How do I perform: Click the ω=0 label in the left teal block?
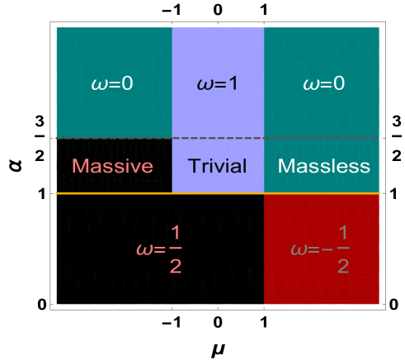click(x=112, y=84)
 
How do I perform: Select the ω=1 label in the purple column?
click(x=218, y=84)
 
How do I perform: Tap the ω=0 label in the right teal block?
click(x=322, y=84)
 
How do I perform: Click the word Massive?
click(x=112, y=166)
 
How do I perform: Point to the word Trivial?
click(x=218, y=166)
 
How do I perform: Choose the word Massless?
click(x=323, y=166)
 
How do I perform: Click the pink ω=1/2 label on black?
click(x=158, y=249)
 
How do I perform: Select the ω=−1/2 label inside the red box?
click(x=320, y=249)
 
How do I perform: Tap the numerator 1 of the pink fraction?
click(x=175, y=232)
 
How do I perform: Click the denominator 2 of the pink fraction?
click(x=175, y=265)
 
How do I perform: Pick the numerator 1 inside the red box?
click(x=343, y=232)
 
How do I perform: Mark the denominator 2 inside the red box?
click(x=343, y=265)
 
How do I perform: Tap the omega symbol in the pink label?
click(x=143, y=249)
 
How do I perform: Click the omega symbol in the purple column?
click(x=203, y=85)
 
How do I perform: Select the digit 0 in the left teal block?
click(x=126, y=84)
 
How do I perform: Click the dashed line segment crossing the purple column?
click(x=218, y=138)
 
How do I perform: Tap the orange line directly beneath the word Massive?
click(x=112, y=193)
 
